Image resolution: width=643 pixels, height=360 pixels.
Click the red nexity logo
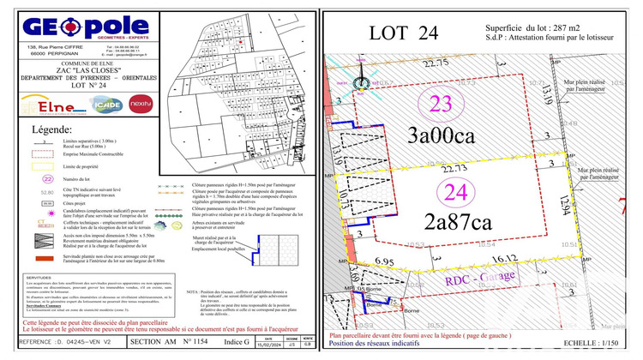pyautogui.click(x=141, y=105)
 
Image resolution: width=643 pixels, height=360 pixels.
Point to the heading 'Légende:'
pyautogui.click(x=52, y=129)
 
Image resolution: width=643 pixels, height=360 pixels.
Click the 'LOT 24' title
pyautogui.click(x=404, y=33)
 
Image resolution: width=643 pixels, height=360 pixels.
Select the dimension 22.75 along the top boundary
pyautogui.click(x=435, y=63)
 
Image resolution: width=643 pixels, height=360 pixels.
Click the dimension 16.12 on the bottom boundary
pyautogui.click(x=505, y=255)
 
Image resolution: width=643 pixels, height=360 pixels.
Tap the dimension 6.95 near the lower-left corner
pyautogui.click(x=384, y=260)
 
